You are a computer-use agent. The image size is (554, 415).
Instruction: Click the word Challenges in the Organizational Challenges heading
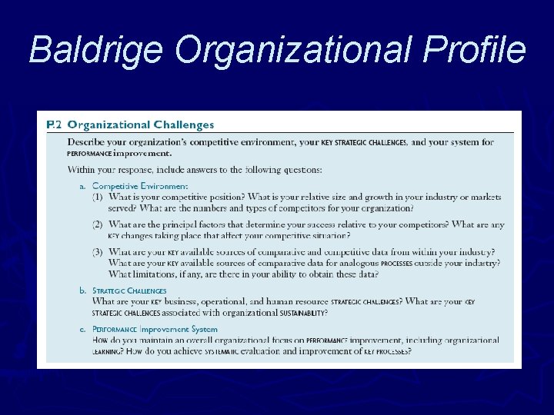pos(183,124)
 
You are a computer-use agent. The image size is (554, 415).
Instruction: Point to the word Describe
pos(88,142)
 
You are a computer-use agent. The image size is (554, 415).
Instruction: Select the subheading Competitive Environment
pos(139,186)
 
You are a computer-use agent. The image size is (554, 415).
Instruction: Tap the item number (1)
pos(98,198)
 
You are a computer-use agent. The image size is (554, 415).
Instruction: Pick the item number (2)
pos(98,224)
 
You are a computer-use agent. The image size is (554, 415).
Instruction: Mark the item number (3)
pos(98,252)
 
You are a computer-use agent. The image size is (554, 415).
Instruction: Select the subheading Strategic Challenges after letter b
pos(128,291)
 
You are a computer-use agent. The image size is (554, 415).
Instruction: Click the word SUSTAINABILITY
pos(295,313)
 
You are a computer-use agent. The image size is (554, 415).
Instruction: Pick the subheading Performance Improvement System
pos(155,329)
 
